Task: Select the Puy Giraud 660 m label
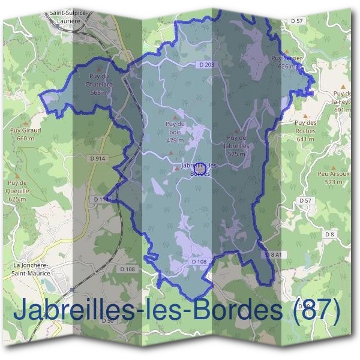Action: [26, 133]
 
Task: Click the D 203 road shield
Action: [205, 64]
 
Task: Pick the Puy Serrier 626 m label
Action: [284, 62]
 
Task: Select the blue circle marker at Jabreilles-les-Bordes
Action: [202, 167]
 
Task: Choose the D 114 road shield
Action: [101, 199]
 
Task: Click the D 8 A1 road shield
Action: [273, 254]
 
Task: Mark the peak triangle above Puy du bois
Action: [175, 117]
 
